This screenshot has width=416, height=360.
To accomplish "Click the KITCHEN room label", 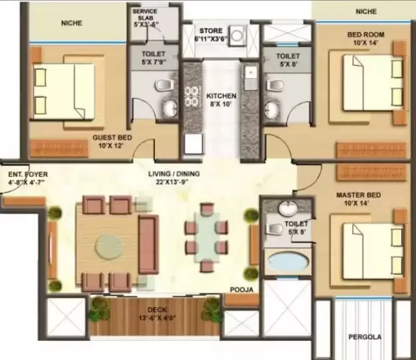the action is tap(221, 96).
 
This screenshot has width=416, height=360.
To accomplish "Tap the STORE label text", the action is tap(211, 31).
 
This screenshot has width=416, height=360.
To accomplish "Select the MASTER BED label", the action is tap(358, 195).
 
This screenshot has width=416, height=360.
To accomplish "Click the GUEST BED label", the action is tap(112, 138).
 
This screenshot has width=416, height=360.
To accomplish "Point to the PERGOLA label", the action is tap(365, 337).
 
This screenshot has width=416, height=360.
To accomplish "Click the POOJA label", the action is tap(241, 289).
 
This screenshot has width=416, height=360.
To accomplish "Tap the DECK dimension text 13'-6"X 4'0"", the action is tap(158, 317).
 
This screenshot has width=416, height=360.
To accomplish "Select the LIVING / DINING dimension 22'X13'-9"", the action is tap(172, 182).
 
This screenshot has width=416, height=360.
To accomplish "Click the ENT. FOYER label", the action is tap(28, 175).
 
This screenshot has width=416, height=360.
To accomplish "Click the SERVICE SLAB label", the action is tap(145, 15).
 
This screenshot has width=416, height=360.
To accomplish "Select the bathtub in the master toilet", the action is tap(288, 261).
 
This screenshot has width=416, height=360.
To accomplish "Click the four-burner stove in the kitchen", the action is tap(191, 96).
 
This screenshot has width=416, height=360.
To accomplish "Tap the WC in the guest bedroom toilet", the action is tap(164, 85).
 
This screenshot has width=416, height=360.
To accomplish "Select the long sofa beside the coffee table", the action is tap(149, 245).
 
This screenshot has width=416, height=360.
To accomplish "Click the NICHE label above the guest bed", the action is tap(72, 23).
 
